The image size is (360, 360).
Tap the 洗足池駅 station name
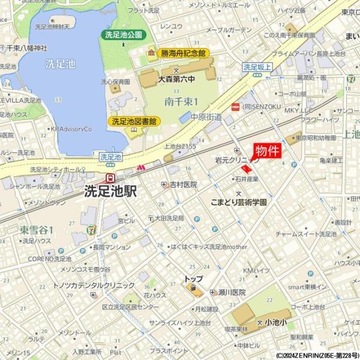pyautogui.click(x=110, y=191)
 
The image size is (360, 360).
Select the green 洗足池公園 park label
pyautogui.click(x=124, y=35)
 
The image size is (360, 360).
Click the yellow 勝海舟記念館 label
pyautogui.click(x=183, y=53)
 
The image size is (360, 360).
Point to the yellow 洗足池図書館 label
pyautogui.click(x=133, y=121)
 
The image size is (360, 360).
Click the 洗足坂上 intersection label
pyautogui.click(x=257, y=68)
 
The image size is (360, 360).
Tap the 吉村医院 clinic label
pyautogui.click(x=183, y=184)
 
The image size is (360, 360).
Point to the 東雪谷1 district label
pyautogui.click(x=37, y=230)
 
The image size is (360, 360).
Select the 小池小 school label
pyautogui.click(x=275, y=322)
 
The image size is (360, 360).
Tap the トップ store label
pyautogui.click(x=194, y=279)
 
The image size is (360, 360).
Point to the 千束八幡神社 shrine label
pyautogui.click(x=27, y=48)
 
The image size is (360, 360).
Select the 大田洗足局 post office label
pyautogui.click(x=169, y=218)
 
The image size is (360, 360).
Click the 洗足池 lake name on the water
pyautogui.click(x=60, y=63)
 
